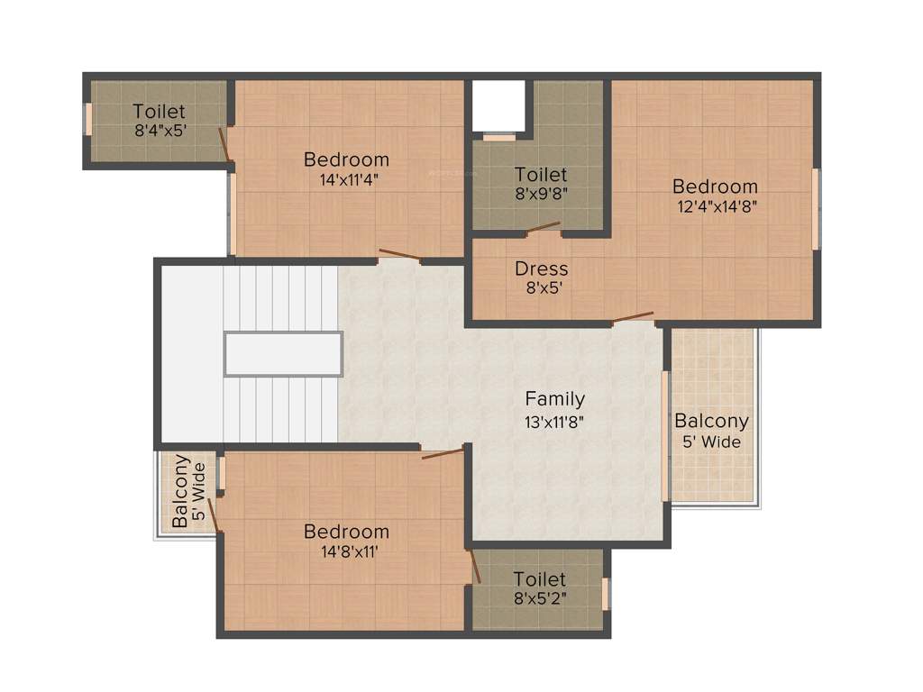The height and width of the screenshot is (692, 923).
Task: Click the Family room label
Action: (x=555, y=398)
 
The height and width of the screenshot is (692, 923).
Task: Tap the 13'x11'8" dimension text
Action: (x=555, y=422)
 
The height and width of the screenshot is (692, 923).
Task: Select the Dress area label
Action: (x=542, y=269)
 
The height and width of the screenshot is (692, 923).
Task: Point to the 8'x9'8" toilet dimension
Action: (x=541, y=194)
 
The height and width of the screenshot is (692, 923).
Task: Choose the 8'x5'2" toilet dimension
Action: (x=540, y=598)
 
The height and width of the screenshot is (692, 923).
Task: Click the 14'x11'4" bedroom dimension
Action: (x=347, y=179)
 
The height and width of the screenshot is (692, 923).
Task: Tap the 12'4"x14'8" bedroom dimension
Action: (x=716, y=205)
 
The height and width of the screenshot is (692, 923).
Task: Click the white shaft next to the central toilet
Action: (x=498, y=105)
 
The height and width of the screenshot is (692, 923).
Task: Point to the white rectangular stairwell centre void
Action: (x=283, y=354)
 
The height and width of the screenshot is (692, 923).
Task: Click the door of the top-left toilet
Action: (x=225, y=144)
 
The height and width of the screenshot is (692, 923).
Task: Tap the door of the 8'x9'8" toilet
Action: (x=544, y=229)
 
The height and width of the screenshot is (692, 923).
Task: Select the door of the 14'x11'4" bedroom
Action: (x=398, y=255)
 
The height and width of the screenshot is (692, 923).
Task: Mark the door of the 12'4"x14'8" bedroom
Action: (x=633, y=317)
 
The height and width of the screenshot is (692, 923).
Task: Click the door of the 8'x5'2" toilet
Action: (x=474, y=566)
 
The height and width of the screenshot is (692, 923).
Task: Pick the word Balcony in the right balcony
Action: (x=711, y=421)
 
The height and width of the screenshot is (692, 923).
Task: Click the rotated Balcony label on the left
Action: (x=180, y=491)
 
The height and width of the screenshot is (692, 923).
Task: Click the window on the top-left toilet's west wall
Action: (x=88, y=119)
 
